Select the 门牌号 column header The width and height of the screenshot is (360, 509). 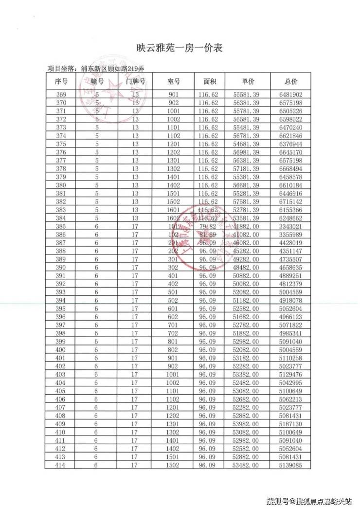(x=135, y=81)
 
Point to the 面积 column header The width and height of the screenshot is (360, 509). (x=209, y=81)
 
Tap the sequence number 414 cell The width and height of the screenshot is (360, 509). (x=61, y=466)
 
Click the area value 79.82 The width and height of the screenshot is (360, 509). (x=209, y=227)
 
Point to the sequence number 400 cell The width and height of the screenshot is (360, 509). (x=61, y=350)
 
